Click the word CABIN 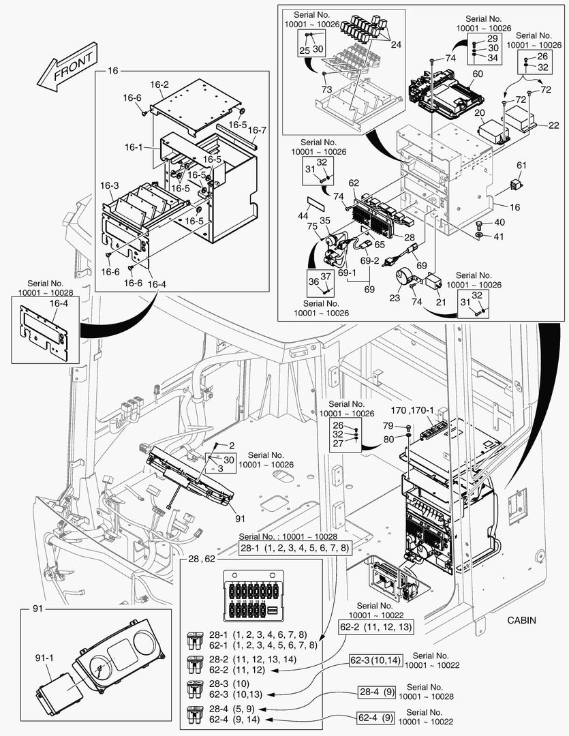click(x=521, y=620)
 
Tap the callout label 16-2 click(x=159, y=85)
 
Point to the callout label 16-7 click(x=257, y=130)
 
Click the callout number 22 click(x=553, y=125)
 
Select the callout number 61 click(x=522, y=166)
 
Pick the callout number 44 click(x=304, y=215)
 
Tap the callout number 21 click(x=441, y=302)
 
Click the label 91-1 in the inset click(x=44, y=659)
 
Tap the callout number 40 click(x=499, y=222)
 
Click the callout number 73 click(x=327, y=90)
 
